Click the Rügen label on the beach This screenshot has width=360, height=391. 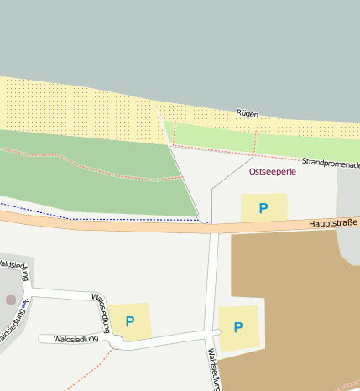(x=247, y=113)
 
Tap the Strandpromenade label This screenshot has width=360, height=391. (x=331, y=162)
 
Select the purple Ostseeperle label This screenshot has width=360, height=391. (x=273, y=171)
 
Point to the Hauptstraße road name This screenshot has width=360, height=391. (x=333, y=223)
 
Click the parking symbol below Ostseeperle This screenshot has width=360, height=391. (x=263, y=208)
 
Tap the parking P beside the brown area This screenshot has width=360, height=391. (x=238, y=327)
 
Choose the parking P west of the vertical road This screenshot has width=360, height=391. (x=130, y=321)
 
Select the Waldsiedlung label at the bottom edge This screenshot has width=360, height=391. (x=213, y=369)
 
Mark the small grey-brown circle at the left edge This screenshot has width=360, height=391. (x=10, y=299)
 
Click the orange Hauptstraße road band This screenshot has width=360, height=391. (x=126, y=225)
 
